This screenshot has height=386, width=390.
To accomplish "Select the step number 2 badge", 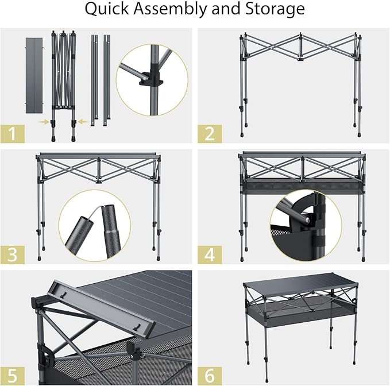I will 210,133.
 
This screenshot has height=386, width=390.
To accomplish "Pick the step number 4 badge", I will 210,254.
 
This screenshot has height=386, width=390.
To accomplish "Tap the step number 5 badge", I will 13,376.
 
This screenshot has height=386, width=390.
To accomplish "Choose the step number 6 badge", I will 210,376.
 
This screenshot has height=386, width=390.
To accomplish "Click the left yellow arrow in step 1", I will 44,122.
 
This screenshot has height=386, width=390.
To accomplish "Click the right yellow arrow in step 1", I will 81,121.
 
